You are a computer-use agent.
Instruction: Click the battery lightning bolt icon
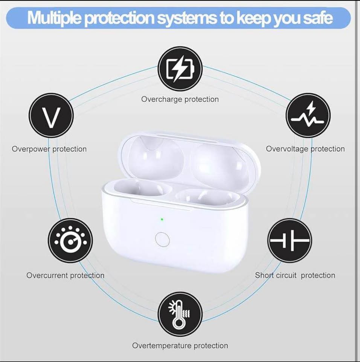(x=180, y=69)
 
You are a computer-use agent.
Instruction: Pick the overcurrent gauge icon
(x=70, y=240)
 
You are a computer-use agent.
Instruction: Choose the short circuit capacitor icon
(x=290, y=240)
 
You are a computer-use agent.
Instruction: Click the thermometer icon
(x=180, y=314)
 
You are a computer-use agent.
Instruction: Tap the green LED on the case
(x=162, y=219)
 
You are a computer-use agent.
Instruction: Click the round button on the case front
(x=162, y=239)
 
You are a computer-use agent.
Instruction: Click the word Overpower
(x=31, y=149)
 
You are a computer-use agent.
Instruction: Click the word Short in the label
(x=264, y=275)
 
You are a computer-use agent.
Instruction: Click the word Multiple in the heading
(x=54, y=17)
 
